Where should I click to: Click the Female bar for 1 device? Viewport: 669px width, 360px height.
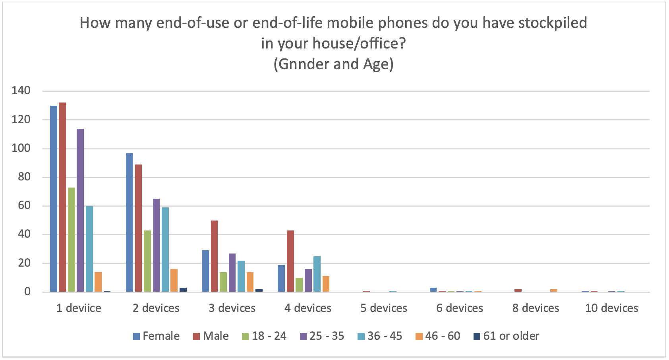tap(54, 199)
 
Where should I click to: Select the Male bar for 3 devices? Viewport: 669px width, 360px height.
tap(214, 256)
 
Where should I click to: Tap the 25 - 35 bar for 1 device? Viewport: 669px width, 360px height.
tap(80, 210)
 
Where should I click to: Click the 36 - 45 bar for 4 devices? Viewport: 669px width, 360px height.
tap(317, 274)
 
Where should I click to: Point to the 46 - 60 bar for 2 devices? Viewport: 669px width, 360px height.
tap(174, 281)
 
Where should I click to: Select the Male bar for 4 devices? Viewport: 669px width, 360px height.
tap(290, 261)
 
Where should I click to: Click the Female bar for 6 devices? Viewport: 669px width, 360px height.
tap(433, 290)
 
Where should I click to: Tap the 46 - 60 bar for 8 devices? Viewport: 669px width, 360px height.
tap(554, 290)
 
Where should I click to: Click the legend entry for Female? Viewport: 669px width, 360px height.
tap(157, 336)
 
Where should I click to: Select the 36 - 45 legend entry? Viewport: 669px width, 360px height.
tap(380, 336)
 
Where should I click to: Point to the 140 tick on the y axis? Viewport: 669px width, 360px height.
tap(21, 91)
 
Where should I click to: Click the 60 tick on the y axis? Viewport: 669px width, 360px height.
tap(24, 206)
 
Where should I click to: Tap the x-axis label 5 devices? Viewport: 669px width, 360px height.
tap(384, 308)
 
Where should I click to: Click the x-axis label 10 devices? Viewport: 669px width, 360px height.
tap(612, 308)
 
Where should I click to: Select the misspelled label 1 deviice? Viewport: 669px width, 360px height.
tap(79, 308)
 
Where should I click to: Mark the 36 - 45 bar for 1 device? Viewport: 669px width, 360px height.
tap(89, 249)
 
